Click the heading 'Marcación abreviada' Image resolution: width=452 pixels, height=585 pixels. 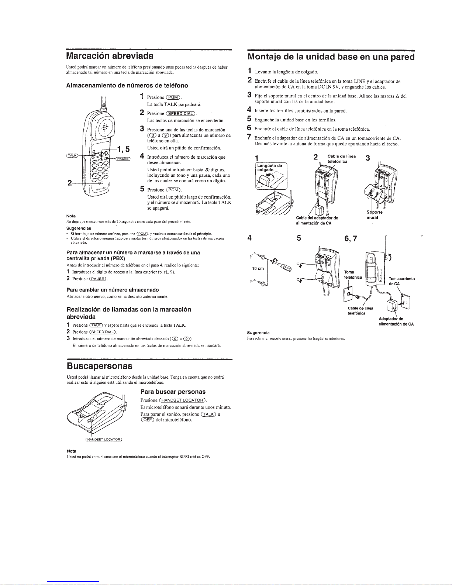[110, 56]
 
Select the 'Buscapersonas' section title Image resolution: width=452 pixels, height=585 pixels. [100, 366]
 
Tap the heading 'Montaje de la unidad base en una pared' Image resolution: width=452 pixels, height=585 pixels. [331, 57]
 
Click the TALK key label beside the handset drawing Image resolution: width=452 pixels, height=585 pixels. [72, 155]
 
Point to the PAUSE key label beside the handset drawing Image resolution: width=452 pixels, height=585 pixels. [123, 159]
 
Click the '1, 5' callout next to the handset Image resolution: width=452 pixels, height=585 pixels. [123, 149]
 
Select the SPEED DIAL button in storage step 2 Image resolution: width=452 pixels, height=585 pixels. [181, 114]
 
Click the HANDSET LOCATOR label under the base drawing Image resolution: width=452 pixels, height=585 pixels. [104, 440]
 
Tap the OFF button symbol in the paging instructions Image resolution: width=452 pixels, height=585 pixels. [147, 420]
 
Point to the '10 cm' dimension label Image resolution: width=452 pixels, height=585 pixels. [258, 268]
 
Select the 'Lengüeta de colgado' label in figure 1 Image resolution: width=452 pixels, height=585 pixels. [269, 168]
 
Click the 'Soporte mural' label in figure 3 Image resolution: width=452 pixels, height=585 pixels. [374, 214]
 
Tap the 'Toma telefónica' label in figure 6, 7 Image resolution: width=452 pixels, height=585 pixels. [353, 275]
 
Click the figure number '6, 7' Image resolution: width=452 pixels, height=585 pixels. [351, 238]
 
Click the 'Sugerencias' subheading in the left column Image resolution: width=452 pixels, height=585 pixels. [79, 228]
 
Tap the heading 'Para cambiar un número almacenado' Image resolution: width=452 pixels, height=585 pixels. [113, 290]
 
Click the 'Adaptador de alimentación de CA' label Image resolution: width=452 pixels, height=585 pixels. [396, 321]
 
